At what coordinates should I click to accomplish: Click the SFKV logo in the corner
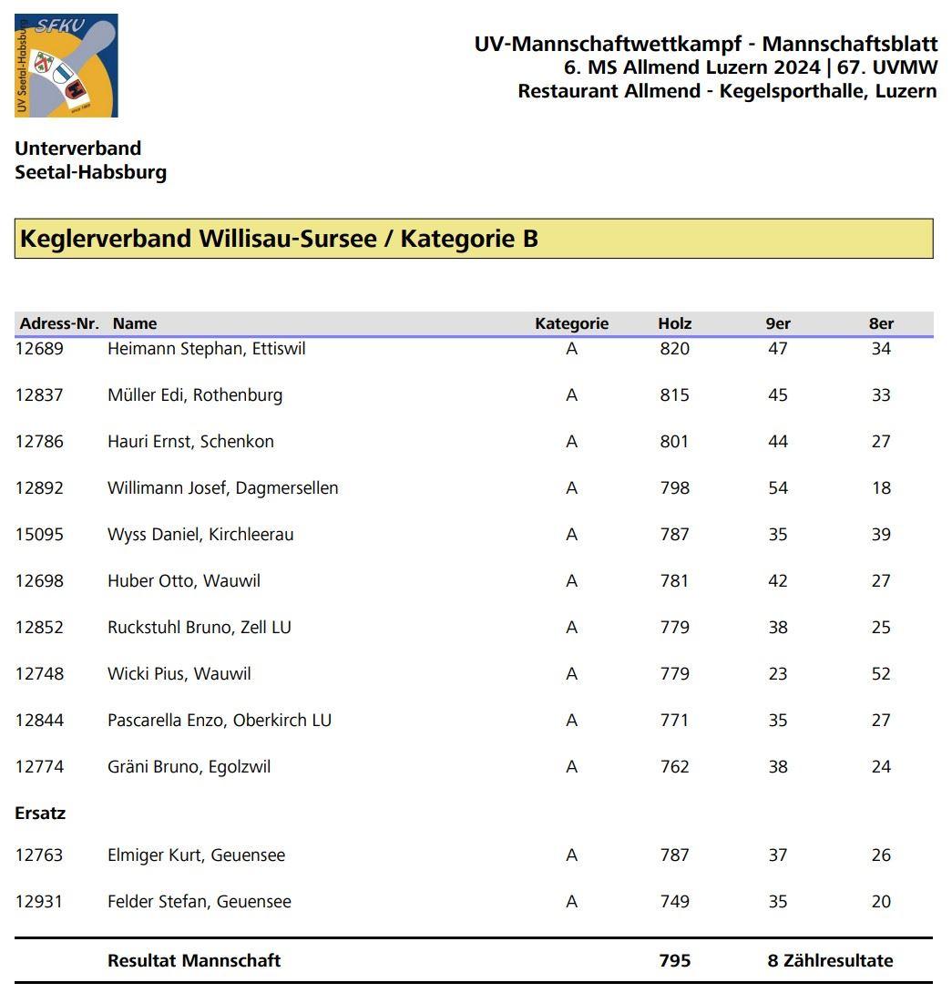click(66, 66)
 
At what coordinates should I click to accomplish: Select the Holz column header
click(674, 323)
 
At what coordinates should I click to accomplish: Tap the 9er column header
click(777, 323)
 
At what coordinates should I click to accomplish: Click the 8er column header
click(881, 323)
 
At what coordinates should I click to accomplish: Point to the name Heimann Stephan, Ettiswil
click(206, 349)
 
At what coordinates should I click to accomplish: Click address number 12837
click(39, 395)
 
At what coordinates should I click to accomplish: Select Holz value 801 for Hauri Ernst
click(674, 442)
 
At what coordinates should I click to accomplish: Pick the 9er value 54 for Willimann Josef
click(777, 488)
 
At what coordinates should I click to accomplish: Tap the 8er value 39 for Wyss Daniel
click(880, 535)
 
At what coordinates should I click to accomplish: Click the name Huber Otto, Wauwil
click(183, 581)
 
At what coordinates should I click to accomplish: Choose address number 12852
click(39, 628)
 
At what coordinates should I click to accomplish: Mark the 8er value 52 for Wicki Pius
click(880, 674)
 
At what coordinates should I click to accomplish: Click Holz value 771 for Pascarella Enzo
click(674, 721)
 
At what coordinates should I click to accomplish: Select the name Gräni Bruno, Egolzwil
click(189, 767)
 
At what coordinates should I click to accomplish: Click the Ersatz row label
click(40, 814)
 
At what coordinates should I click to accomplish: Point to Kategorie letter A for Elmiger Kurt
click(571, 855)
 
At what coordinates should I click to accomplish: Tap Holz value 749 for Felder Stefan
click(674, 902)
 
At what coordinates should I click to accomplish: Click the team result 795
click(674, 961)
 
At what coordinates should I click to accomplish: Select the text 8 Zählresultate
click(830, 961)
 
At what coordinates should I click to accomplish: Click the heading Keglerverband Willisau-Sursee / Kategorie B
click(279, 239)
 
